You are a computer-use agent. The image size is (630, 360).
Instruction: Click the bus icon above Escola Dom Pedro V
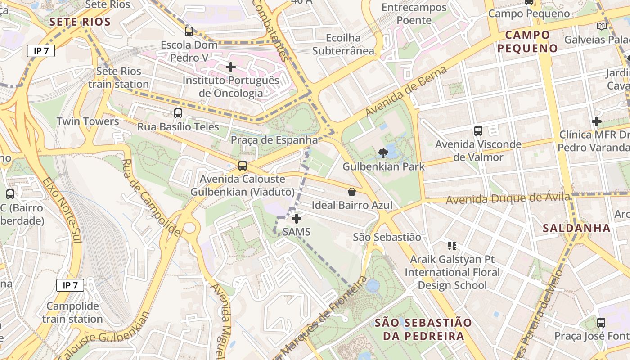[189, 31]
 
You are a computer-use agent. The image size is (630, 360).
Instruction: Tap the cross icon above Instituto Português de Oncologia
[231, 67]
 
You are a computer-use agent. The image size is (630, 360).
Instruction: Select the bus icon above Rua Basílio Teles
[178, 113]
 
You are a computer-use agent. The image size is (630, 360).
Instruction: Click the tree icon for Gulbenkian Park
[383, 153]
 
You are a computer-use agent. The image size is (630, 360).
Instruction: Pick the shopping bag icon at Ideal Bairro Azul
[352, 192]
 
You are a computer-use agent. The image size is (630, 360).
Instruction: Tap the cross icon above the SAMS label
[297, 219]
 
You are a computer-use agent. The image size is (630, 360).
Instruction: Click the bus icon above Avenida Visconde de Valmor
[478, 131]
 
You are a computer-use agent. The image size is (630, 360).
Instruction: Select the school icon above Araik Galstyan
[452, 246]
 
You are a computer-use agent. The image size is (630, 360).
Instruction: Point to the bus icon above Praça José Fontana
[601, 322]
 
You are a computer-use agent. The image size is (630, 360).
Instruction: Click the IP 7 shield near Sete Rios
[41, 51]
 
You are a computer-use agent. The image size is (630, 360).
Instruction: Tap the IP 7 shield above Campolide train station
[70, 285]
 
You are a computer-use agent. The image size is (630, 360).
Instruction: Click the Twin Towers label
[88, 121]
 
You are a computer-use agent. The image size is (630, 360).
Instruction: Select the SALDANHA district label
[576, 228]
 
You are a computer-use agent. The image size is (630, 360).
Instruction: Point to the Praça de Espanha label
[274, 140]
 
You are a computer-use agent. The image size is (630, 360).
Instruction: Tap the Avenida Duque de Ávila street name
[508, 198]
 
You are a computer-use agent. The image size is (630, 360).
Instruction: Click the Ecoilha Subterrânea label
[344, 44]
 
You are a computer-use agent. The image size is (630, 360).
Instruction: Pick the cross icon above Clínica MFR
[597, 121]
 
